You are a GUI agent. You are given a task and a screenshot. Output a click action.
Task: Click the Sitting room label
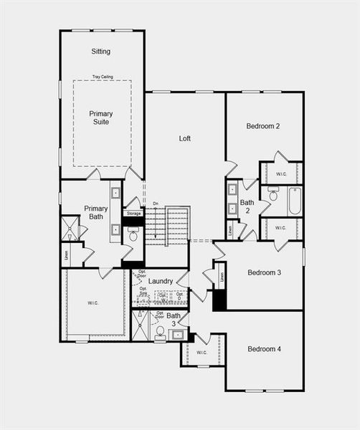pyautogui.click(x=100, y=52)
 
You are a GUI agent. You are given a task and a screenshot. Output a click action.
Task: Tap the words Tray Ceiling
pyautogui.click(x=102, y=77)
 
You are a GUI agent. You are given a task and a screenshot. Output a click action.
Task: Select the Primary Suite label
pyautogui.click(x=101, y=118)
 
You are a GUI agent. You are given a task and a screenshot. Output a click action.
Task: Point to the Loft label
pyautogui.click(x=185, y=138)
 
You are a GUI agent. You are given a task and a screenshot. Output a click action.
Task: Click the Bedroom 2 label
pyautogui.click(x=262, y=126)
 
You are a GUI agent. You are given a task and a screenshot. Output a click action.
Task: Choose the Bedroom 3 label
pyautogui.click(x=264, y=273)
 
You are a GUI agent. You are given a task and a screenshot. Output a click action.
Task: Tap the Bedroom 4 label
pyautogui.click(x=265, y=349)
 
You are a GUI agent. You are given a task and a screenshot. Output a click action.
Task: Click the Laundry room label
pyautogui.click(x=161, y=281)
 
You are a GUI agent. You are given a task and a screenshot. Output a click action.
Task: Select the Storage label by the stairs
pyautogui.click(x=134, y=214)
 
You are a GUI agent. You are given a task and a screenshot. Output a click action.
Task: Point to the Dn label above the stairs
pyautogui.click(x=156, y=204)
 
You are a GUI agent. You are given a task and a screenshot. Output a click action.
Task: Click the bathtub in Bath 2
pyautogui.click(x=295, y=201)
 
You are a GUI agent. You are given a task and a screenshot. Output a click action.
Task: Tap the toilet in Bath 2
pyautogui.click(x=273, y=195)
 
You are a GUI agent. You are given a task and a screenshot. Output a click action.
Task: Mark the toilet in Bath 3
pyautogui.click(x=160, y=331)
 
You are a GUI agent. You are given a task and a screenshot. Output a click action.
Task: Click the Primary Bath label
pyautogui.click(x=95, y=213)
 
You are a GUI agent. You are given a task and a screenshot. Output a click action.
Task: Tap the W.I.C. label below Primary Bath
pyautogui.click(x=94, y=302)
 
